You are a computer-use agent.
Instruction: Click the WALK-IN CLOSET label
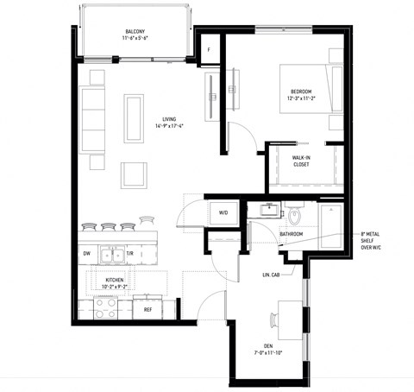[x=301, y=161]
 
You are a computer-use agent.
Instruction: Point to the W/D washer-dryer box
[x=223, y=212]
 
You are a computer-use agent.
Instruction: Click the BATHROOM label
[x=292, y=234]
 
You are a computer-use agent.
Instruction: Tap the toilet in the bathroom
[x=294, y=214]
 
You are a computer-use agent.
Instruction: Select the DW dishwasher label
[x=87, y=255]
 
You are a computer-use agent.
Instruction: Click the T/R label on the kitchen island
[x=130, y=255]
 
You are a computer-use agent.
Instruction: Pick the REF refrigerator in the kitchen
[x=147, y=308]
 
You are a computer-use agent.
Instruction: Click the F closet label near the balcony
[x=208, y=49]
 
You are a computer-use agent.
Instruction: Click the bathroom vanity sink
[x=271, y=208]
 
